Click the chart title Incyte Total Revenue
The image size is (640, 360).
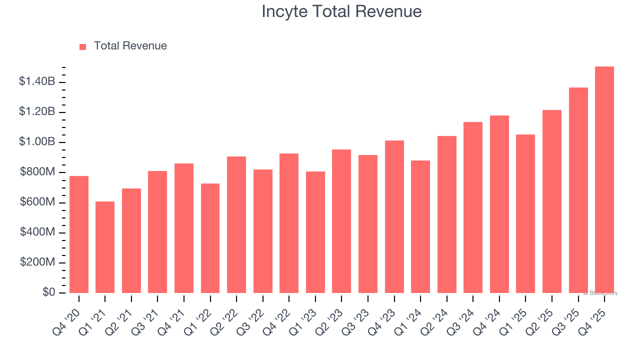(x=341, y=11)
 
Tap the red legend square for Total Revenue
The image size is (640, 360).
(x=82, y=46)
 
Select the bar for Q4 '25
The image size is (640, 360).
(x=604, y=180)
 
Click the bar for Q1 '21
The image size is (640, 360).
(x=105, y=247)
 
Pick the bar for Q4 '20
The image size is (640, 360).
(x=79, y=234)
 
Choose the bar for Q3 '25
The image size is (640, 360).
(x=578, y=190)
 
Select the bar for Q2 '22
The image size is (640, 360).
(x=236, y=224)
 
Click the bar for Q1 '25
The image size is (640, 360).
(x=525, y=213)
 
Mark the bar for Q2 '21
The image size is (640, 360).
(x=131, y=240)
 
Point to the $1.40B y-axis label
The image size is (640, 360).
(x=36, y=81)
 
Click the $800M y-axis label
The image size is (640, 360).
(x=37, y=172)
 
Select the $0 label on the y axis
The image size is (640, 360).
(x=48, y=292)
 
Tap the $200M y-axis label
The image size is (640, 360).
(x=37, y=262)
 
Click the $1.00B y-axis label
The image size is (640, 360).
(x=36, y=142)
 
